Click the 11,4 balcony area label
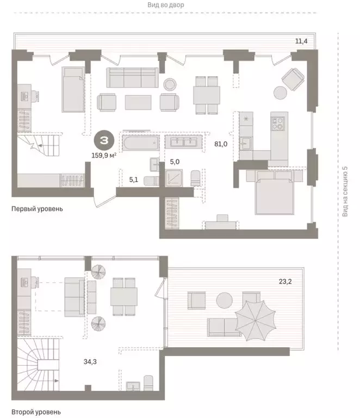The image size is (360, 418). (301, 41)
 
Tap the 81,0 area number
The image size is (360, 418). (221, 145)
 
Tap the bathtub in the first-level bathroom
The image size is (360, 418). (140, 144)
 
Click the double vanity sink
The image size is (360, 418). (183, 142)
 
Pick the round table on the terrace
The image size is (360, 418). (225, 300)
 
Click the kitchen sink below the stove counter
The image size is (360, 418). (245, 143)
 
